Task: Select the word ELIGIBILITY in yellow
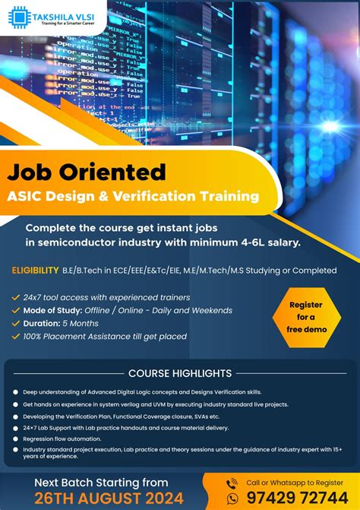35,270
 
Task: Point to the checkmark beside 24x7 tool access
16,297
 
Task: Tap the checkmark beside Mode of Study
16,310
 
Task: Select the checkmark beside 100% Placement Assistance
16,336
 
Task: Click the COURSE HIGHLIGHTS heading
180,373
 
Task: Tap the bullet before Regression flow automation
15,439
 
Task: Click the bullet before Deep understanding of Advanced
15,392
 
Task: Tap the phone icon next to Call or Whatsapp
232,483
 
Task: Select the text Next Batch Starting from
101,481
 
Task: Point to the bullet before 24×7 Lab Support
15,427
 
